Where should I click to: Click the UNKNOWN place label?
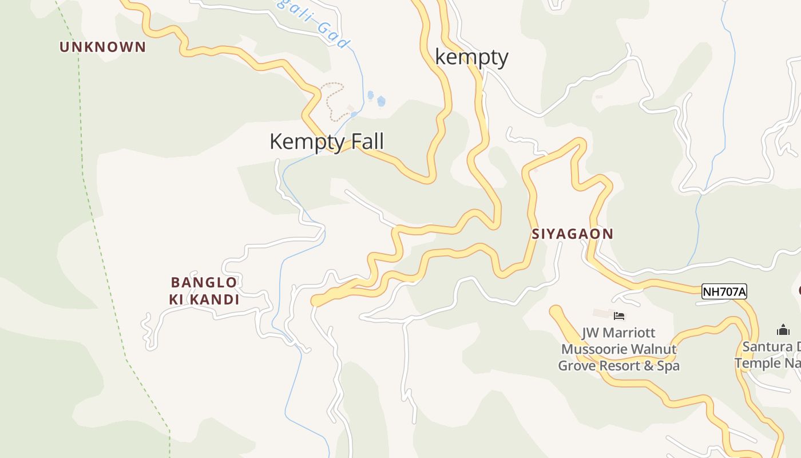pos(103,47)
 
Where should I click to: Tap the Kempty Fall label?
pos(326,141)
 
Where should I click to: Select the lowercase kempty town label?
pos(471,57)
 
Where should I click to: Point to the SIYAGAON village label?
pos(572,234)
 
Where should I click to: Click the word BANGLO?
pos(204,282)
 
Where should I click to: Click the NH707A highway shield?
pos(724,291)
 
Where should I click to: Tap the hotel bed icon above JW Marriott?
pos(619,315)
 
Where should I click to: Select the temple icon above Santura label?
pos(783,330)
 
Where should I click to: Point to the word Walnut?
pos(652,349)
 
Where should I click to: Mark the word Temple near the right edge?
pos(758,363)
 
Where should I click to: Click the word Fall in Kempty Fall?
pos(364,141)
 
